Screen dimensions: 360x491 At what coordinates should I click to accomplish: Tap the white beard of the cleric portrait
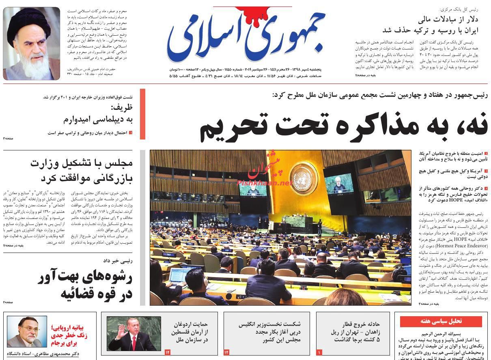coord(33,65)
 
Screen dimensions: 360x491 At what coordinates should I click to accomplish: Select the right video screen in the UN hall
coord(339,183)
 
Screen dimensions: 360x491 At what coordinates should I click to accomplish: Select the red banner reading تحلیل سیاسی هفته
coord(441,321)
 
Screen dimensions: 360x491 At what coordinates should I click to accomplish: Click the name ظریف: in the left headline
coord(122,108)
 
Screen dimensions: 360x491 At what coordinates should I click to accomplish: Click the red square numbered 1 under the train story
coord(319,352)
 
